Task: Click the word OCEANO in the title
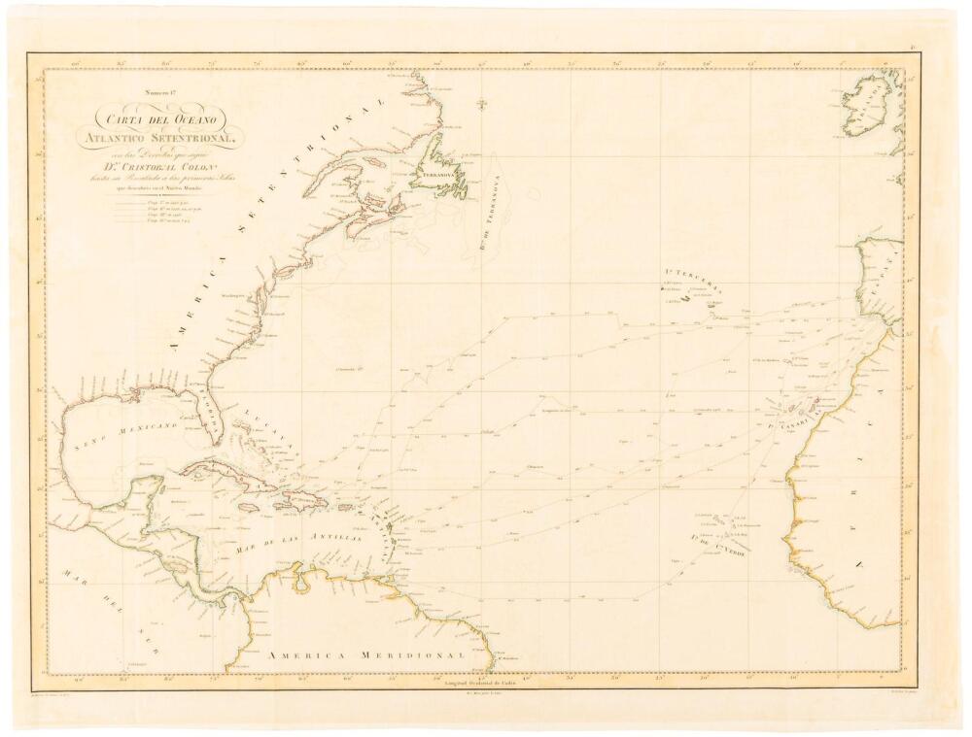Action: click(202, 118)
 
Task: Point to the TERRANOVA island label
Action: click(437, 176)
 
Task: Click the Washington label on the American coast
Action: click(230, 297)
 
